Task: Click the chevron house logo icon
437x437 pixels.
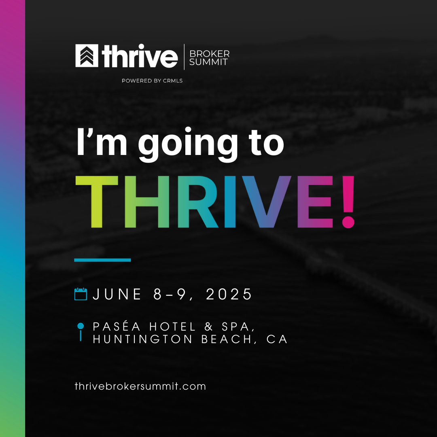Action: click(x=87, y=56)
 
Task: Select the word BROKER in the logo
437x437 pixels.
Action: click(x=209, y=53)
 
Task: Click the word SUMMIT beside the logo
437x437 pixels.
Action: click(x=208, y=62)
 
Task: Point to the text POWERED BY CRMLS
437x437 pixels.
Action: click(x=152, y=81)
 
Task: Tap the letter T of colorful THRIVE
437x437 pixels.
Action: click(x=97, y=202)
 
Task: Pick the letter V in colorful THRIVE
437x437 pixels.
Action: click(x=266, y=202)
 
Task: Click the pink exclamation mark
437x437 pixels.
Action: click(x=348, y=202)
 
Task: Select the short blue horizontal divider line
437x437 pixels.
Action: click(x=102, y=260)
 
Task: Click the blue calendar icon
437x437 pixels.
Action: click(x=81, y=294)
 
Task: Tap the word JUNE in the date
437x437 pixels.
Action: click(x=117, y=294)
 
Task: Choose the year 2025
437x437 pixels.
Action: click(x=229, y=294)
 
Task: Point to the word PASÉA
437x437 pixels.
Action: click(x=117, y=327)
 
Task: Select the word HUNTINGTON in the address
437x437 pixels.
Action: click(x=143, y=339)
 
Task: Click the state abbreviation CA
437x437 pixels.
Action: click(x=277, y=339)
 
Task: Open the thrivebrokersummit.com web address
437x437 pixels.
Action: click(x=140, y=386)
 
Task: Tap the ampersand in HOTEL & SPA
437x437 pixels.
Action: click(x=209, y=327)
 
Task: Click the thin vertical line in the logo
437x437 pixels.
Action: click(x=184, y=57)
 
